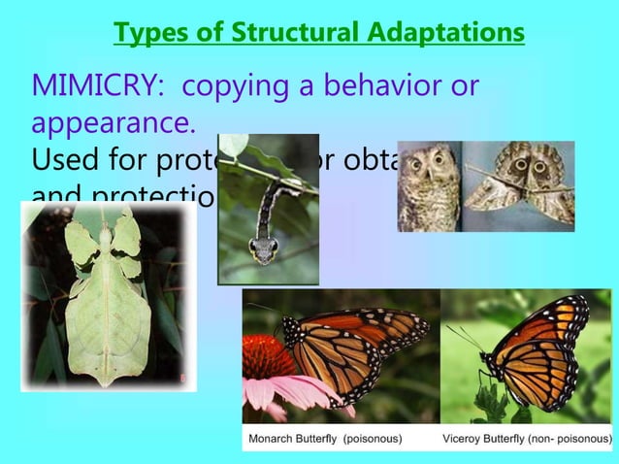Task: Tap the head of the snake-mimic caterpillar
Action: click(x=262, y=249)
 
